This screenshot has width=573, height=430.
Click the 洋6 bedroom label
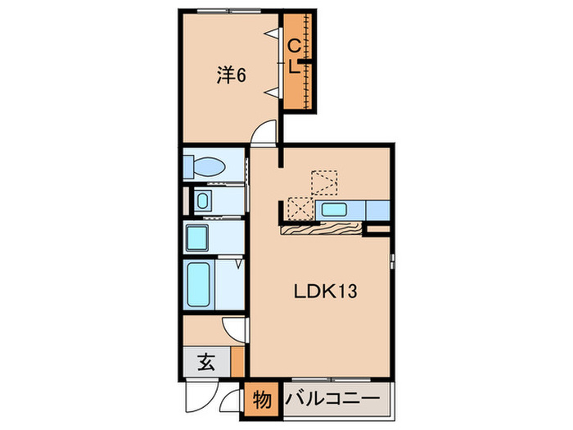point(232,75)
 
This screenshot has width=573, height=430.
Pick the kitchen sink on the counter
point(335,210)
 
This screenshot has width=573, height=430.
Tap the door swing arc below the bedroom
point(264,134)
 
